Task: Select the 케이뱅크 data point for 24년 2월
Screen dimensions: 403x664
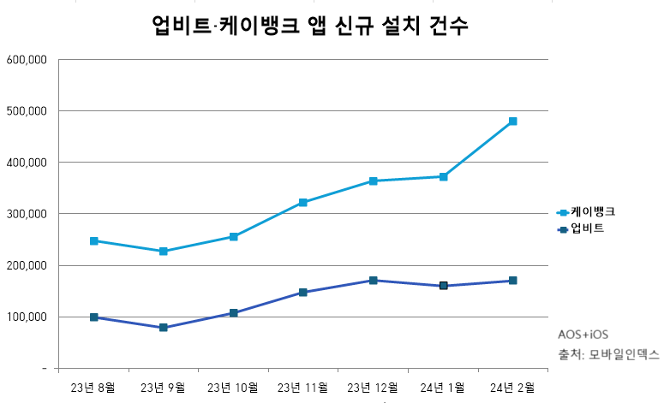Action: (512, 121)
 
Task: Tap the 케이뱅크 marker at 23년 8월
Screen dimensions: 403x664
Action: (93, 241)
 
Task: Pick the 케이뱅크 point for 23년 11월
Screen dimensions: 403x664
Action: (303, 203)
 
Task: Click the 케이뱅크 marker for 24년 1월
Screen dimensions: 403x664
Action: (443, 177)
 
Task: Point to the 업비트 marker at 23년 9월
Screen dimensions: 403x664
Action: (163, 328)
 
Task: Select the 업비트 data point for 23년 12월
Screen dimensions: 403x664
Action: (373, 281)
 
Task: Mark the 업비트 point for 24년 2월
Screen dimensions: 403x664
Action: (512, 281)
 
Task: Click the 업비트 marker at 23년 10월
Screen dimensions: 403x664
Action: (233, 313)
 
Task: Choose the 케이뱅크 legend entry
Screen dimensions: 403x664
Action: (585, 211)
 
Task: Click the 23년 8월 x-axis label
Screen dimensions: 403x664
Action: (93, 387)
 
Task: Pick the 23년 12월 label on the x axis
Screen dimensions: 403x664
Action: (372, 387)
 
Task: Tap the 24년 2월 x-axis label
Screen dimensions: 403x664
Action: (512, 387)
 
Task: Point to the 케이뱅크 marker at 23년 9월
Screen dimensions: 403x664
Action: (163, 252)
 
